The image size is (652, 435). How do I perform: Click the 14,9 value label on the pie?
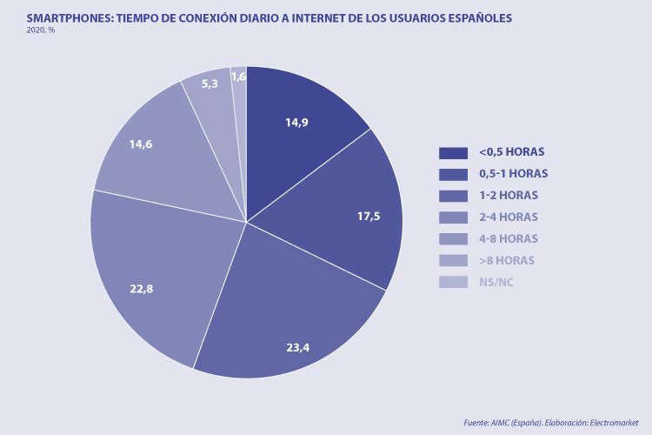coord(297,123)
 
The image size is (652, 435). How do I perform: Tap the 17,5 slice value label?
coord(369,216)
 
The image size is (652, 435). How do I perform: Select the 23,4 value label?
coord(298,347)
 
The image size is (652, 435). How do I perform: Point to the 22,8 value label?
coord(141,289)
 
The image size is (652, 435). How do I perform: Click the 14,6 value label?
coord(141,144)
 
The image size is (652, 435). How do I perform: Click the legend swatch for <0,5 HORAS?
coord(454,152)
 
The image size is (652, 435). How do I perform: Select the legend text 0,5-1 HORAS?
coord(514,174)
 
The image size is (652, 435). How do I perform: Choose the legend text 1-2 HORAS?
coord(507,196)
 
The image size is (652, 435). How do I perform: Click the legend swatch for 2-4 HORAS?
coord(454,217)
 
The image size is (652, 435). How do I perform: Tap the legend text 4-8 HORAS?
coord(508,238)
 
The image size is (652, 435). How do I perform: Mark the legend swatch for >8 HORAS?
coord(454,260)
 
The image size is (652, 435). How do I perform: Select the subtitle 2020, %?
coord(41,30)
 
